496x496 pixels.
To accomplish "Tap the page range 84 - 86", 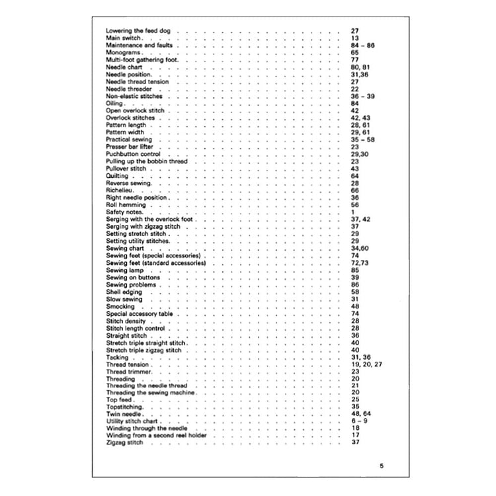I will tap(363, 46).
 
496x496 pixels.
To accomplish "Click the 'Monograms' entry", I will tap(121, 53).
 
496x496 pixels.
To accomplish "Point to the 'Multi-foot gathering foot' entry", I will tap(141, 60).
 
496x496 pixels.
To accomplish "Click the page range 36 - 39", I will tap(363, 97).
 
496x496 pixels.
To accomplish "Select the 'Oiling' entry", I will tap(114, 104).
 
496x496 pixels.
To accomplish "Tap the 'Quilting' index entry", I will tap(117, 176).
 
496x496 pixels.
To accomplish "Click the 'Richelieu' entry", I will tap(119, 190).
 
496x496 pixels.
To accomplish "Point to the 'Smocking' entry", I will tap(120, 306).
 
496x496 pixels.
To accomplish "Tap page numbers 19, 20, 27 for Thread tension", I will tap(366, 364).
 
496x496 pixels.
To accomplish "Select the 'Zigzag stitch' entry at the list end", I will tap(124, 444).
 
